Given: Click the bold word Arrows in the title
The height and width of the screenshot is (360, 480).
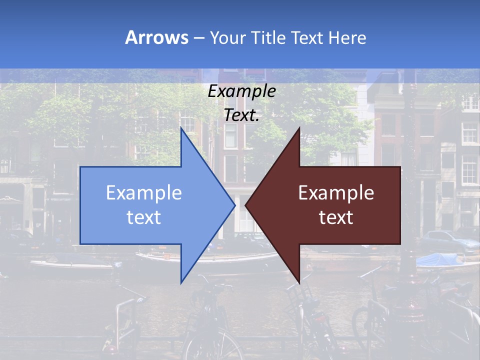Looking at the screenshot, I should point(156,37).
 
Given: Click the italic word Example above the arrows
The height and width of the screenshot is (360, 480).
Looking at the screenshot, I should point(241,91).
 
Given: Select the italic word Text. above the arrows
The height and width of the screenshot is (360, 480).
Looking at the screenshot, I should point(241,115).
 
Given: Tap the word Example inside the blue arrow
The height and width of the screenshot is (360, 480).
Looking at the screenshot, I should point(144,193).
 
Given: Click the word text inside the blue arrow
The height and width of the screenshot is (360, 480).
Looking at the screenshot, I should point(144,217).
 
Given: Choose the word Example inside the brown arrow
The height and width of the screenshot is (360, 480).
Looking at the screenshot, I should point(336,193).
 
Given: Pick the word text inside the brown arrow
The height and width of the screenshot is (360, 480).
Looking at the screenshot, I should point(336,217).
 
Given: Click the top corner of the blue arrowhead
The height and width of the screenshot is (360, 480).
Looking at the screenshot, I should point(181,128).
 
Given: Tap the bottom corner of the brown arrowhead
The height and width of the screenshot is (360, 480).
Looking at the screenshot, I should point(299,283).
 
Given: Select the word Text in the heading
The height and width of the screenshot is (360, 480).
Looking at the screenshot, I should point(307,38).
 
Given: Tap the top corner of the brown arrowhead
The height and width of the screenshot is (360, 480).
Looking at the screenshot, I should point(299,128).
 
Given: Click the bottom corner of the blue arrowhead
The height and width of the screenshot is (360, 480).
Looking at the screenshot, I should point(181,283).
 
